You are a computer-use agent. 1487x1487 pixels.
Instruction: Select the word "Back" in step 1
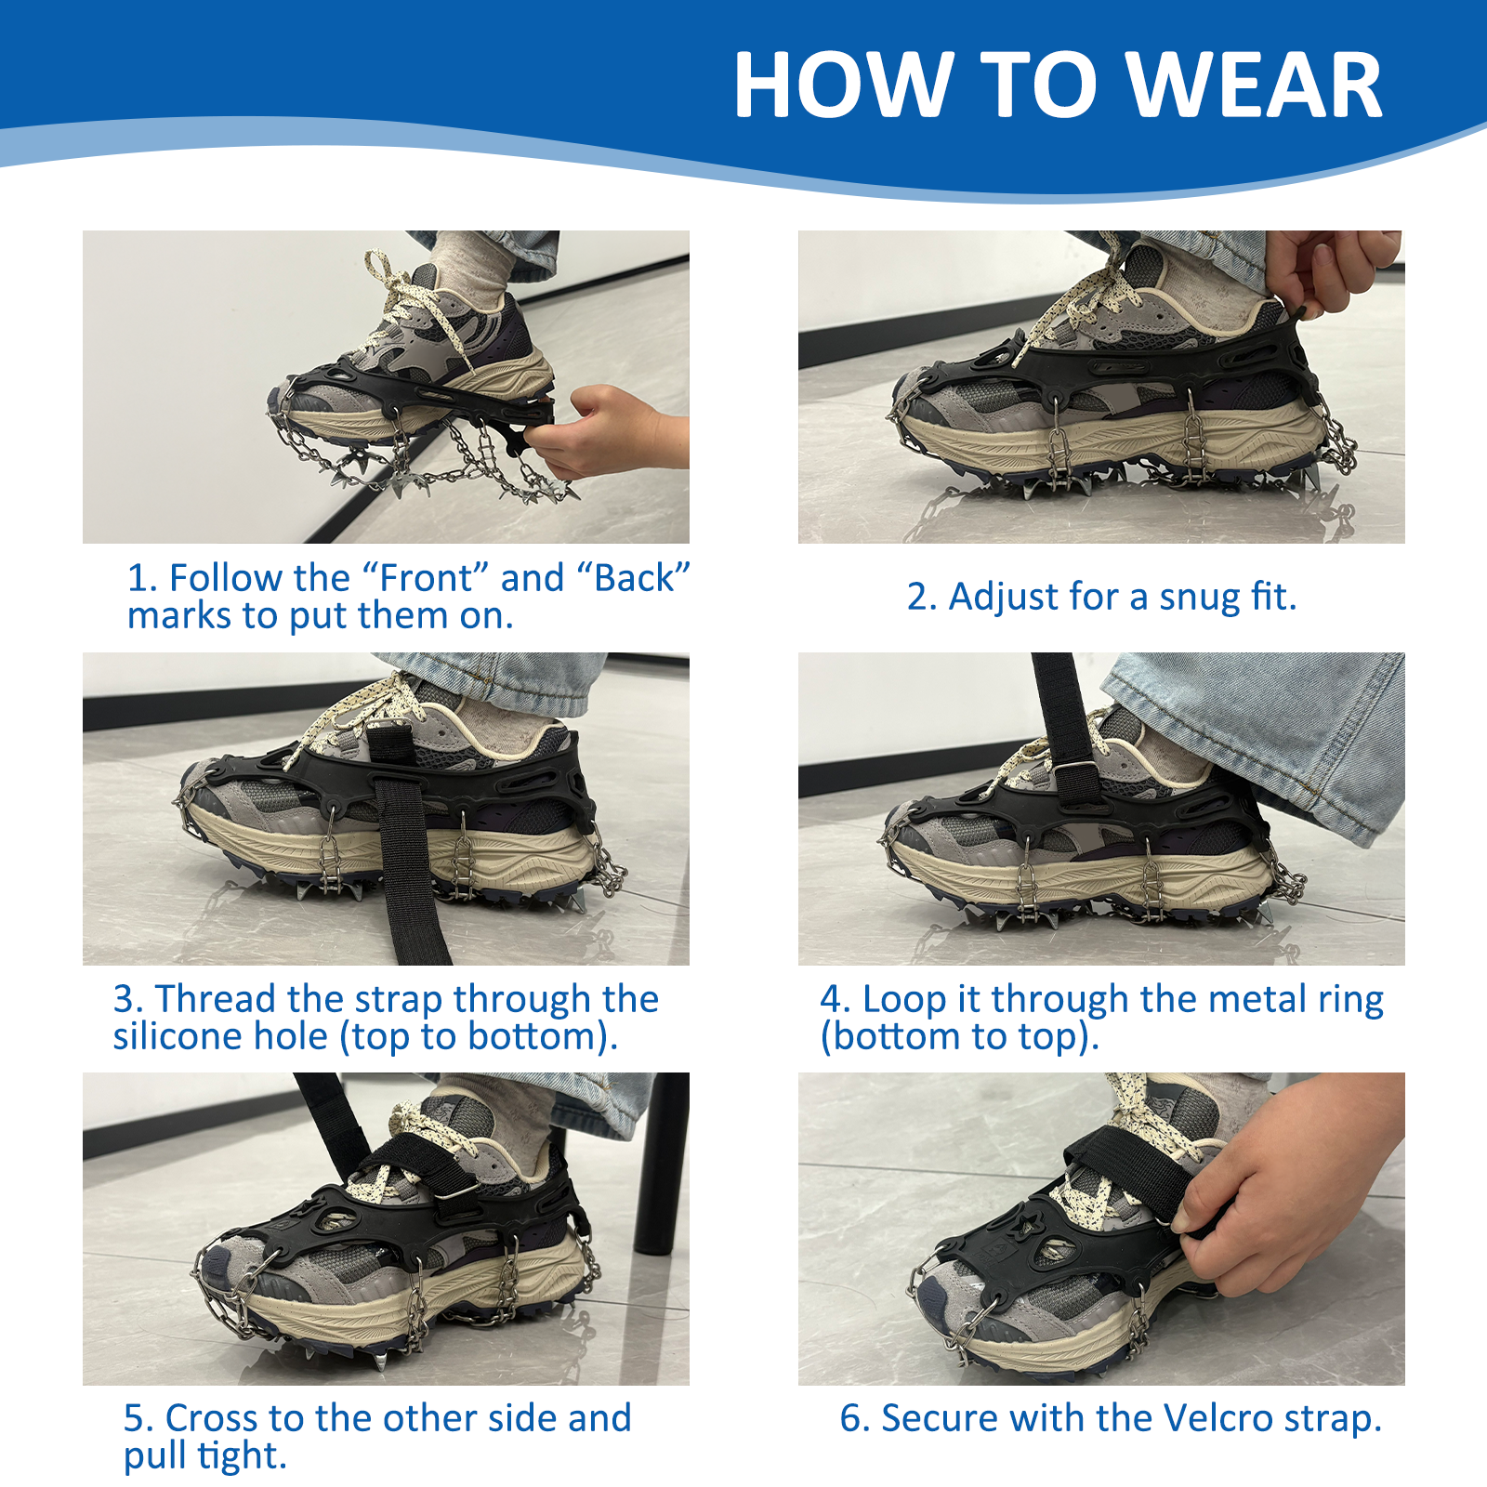tap(633, 578)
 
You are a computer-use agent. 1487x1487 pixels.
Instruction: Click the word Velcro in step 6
tap(1217, 1419)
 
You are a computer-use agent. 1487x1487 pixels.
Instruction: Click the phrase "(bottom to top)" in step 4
tap(959, 1037)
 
